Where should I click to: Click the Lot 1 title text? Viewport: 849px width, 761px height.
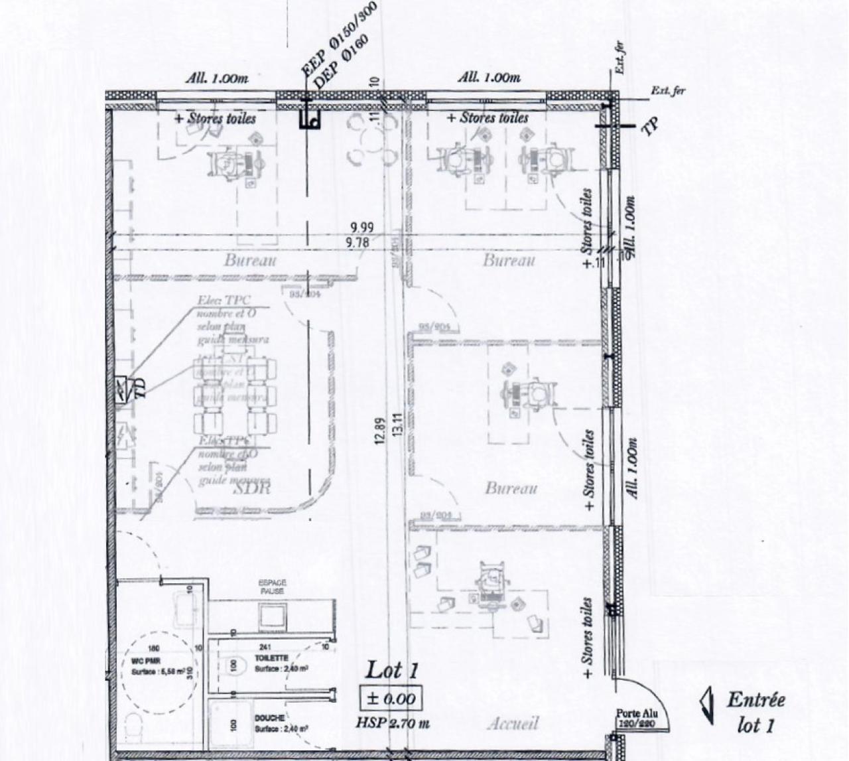pyautogui.click(x=392, y=670)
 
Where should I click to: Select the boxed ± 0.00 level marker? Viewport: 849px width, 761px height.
pyautogui.click(x=391, y=698)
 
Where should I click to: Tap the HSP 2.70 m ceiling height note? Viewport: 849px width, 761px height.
pyautogui.click(x=392, y=723)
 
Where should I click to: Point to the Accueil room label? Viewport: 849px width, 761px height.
pyautogui.click(x=513, y=723)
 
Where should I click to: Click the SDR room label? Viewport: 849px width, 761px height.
pyautogui.click(x=253, y=489)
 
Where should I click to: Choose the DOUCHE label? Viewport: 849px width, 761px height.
pyautogui.click(x=269, y=718)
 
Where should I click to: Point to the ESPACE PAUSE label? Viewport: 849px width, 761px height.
pyautogui.click(x=272, y=587)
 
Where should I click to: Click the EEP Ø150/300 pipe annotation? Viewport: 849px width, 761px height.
pyautogui.click(x=338, y=38)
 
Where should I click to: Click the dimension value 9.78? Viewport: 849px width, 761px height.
pyautogui.click(x=358, y=243)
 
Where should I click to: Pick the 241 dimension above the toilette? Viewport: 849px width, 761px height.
pyautogui.click(x=266, y=648)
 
